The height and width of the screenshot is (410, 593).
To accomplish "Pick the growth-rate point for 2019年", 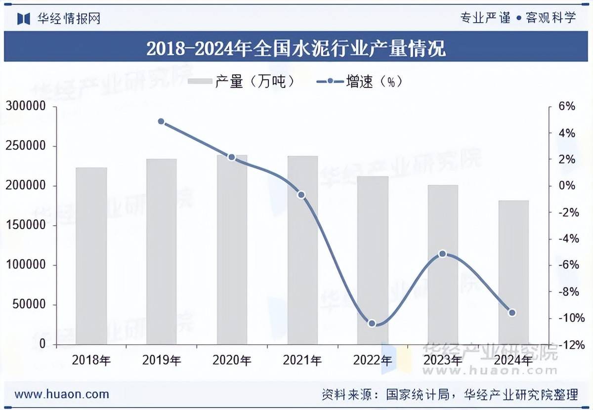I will coord(161,122).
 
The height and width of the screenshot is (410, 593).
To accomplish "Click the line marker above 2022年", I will coord(372,324).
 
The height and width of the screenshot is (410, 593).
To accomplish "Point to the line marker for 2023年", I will coord(443,254).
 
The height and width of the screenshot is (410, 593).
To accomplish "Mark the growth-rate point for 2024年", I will coord(512,313).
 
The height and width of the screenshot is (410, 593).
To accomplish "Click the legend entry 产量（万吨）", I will coord(242,82).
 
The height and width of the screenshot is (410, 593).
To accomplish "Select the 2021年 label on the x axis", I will coord(302,360).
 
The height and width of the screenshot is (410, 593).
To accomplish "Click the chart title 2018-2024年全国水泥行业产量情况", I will coord(296,48).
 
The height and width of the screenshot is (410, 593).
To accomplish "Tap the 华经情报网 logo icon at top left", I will coord(24,19).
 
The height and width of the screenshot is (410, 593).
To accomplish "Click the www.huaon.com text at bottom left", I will coord(62,394).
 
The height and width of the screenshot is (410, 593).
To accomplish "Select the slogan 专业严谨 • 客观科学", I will coord(518,18).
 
